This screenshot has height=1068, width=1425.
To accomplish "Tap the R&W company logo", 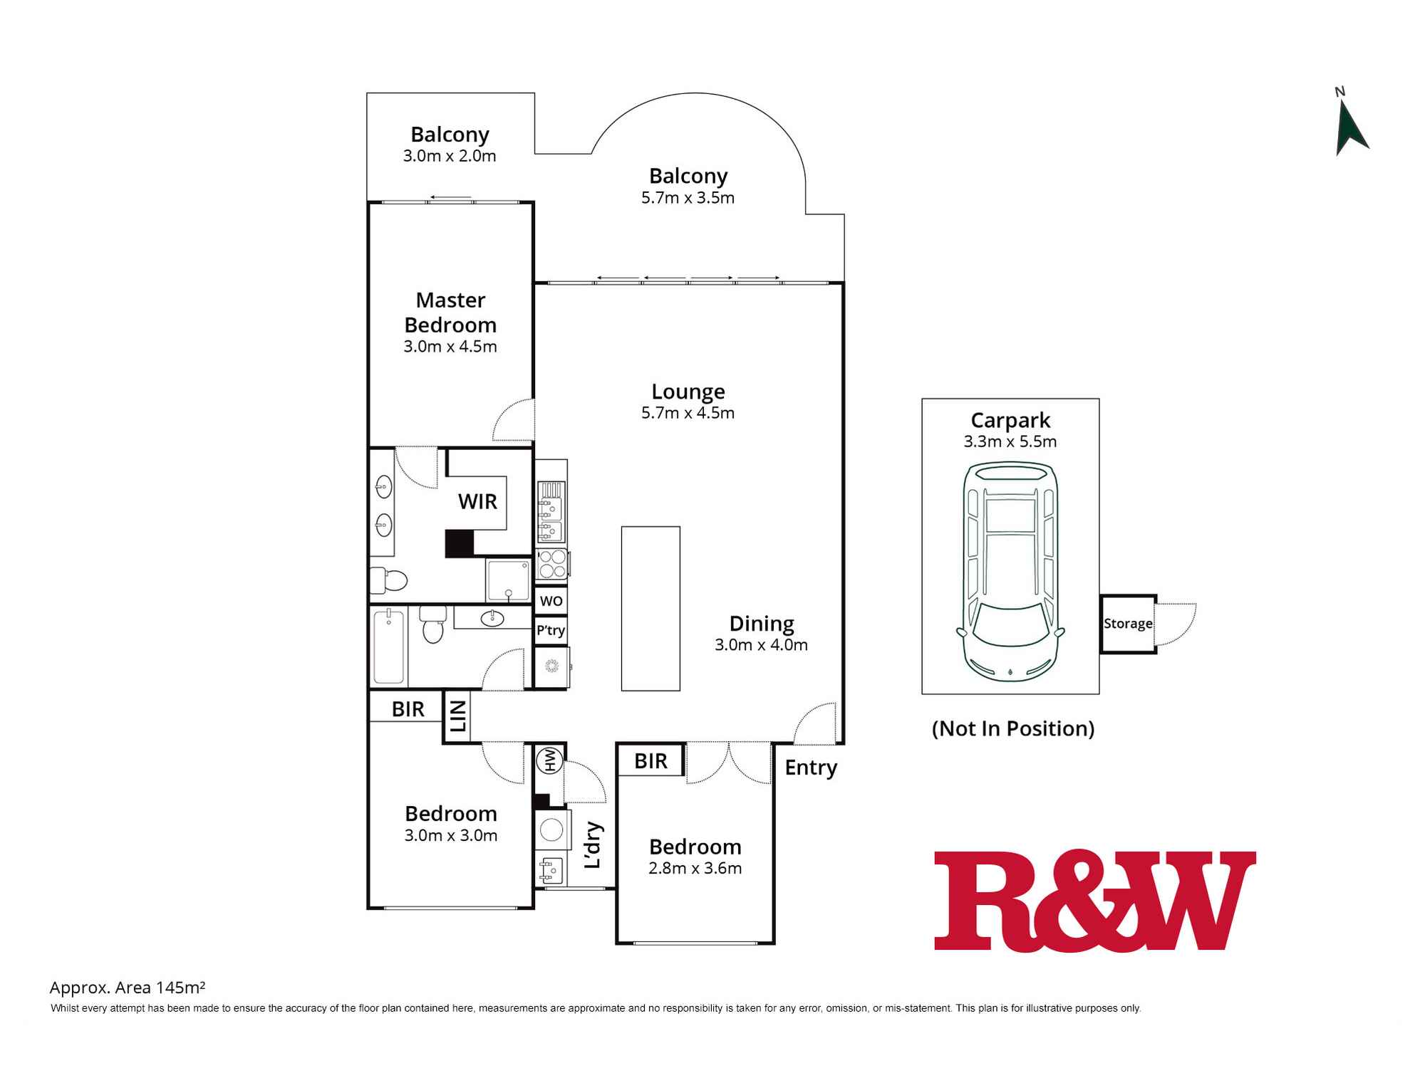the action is tap(1095, 900).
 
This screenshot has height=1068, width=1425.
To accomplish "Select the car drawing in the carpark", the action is tap(1010, 572).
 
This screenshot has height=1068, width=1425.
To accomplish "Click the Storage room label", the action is tap(1128, 624).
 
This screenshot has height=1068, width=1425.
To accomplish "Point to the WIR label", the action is tap(477, 502).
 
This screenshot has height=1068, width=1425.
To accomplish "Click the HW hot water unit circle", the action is tap(550, 760).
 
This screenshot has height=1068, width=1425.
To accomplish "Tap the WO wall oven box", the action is tap(551, 600).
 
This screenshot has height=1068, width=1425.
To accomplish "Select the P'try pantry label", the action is tap(551, 630).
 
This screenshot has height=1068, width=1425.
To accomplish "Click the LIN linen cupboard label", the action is tap(457, 716).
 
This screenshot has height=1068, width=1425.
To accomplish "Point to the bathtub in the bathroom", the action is tap(389, 646).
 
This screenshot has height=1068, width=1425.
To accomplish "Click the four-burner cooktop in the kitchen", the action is tap(552, 563).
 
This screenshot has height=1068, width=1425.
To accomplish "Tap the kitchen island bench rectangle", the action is tap(651, 609).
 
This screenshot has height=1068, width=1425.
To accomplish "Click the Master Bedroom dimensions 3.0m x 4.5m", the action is tap(450, 347).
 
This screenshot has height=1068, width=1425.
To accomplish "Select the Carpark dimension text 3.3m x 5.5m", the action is tap(1010, 441).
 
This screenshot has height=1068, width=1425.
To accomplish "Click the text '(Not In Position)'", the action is tap(1013, 728).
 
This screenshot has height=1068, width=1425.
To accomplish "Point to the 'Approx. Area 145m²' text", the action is tap(128, 988).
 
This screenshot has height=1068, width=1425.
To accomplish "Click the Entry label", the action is tap(811, 768).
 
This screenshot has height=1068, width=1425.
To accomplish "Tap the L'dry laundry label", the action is tap(593, 845).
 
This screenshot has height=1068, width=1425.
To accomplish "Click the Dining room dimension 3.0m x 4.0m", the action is tap(762, 645).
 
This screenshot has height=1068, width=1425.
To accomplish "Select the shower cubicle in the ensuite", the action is tap(508, 580).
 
